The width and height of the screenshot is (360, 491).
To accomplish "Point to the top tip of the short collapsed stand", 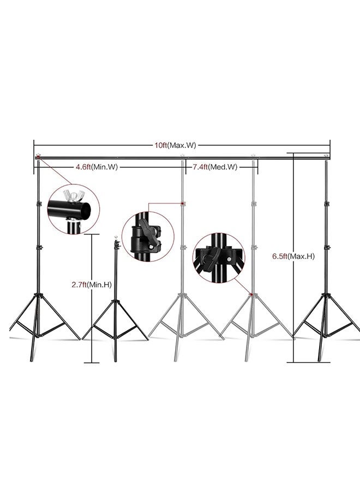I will [x=116, y=238].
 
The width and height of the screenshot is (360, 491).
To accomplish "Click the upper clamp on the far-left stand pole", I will [x=38, y=204].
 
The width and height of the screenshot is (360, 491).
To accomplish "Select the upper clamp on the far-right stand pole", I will [x=326, y=204].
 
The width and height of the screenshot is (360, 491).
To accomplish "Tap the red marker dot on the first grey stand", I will [x=183, y=204].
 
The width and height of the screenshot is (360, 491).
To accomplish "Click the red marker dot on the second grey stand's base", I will [x=251, y=295].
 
